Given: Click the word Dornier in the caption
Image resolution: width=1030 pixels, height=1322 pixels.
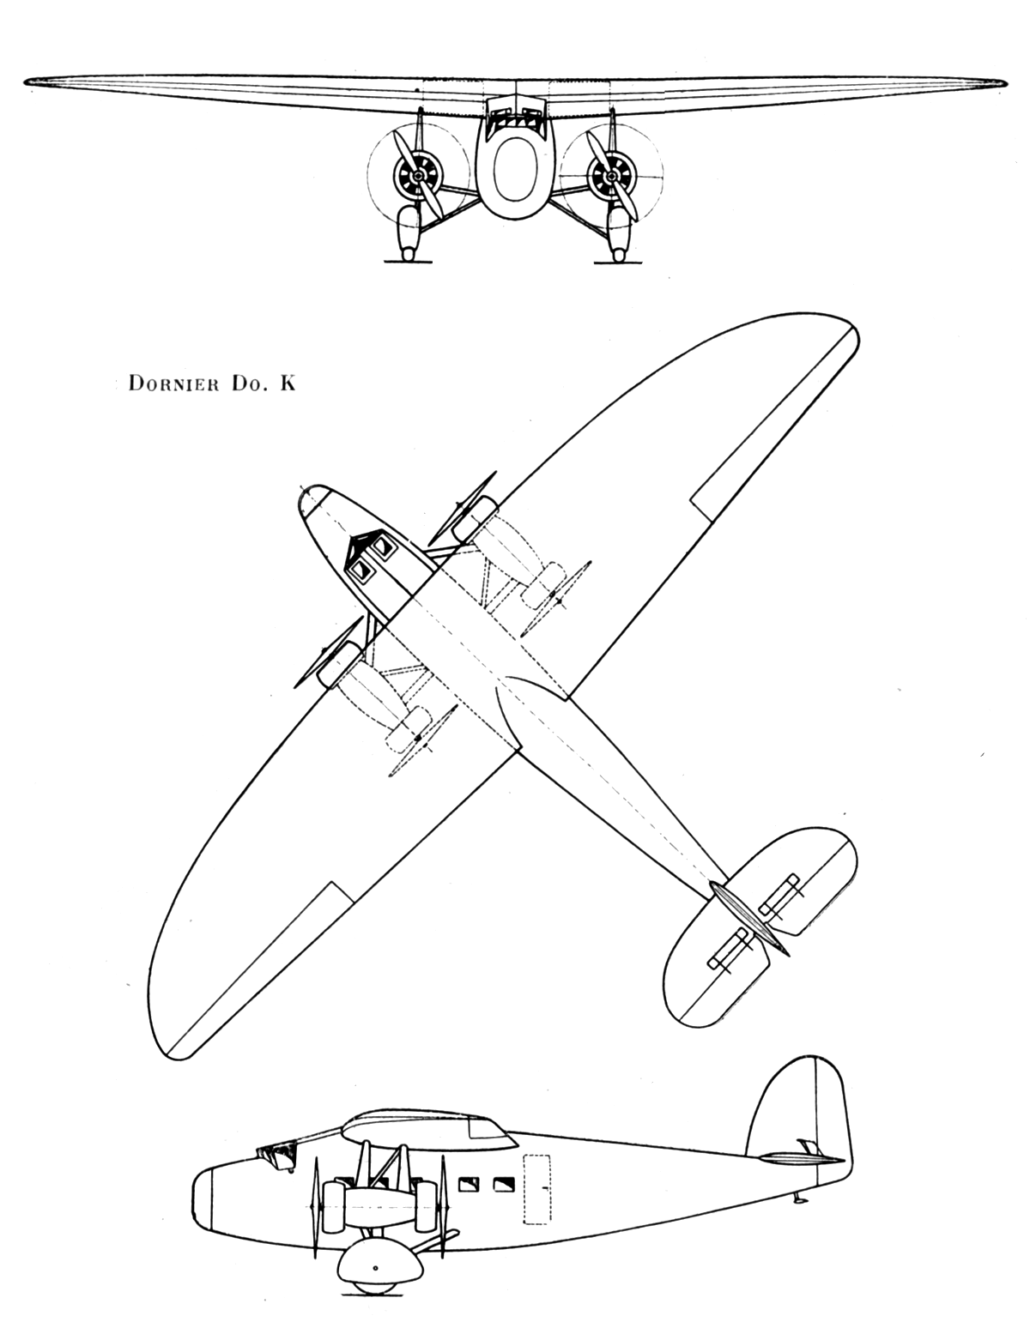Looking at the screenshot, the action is pos(173,383).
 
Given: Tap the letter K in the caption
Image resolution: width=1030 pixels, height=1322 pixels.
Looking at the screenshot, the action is pos(288,383).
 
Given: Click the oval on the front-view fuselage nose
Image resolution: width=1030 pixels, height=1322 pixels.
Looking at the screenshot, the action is pos(515,171).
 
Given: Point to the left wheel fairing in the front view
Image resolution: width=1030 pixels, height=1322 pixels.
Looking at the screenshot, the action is pos(409,233).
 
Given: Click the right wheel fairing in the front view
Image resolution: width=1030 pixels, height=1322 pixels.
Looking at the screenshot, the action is pos(620,233).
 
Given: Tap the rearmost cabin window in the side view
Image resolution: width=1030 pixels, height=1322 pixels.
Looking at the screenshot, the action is pos(504,1184).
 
